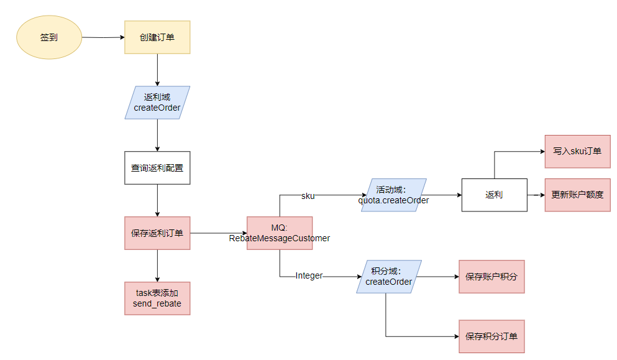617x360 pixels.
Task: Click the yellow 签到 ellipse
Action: [49, 37]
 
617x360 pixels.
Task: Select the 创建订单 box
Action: [157, 37]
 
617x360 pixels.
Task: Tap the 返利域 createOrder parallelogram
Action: [157, 103]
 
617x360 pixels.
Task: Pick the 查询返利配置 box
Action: [157, 168]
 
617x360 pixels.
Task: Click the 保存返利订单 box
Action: [157, 233]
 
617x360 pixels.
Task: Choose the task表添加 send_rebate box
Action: [157, 298]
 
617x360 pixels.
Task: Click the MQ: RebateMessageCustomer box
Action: [280, 233]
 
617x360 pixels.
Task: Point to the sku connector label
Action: [308, 196]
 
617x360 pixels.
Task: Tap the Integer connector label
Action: [309, 275]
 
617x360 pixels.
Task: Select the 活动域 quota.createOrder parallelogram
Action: [393, 195]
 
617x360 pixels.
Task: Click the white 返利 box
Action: [494, 195]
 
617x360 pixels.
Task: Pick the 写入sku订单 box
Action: [577, 151]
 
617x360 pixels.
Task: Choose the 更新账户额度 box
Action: [577, 195]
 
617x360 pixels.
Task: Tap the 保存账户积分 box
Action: [491, 276]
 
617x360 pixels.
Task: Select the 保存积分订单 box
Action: [491, 336]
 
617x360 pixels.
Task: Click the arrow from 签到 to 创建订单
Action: [103, 37]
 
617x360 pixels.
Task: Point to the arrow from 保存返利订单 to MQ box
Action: [218, 233]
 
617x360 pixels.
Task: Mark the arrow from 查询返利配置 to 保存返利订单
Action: [157, 200]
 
